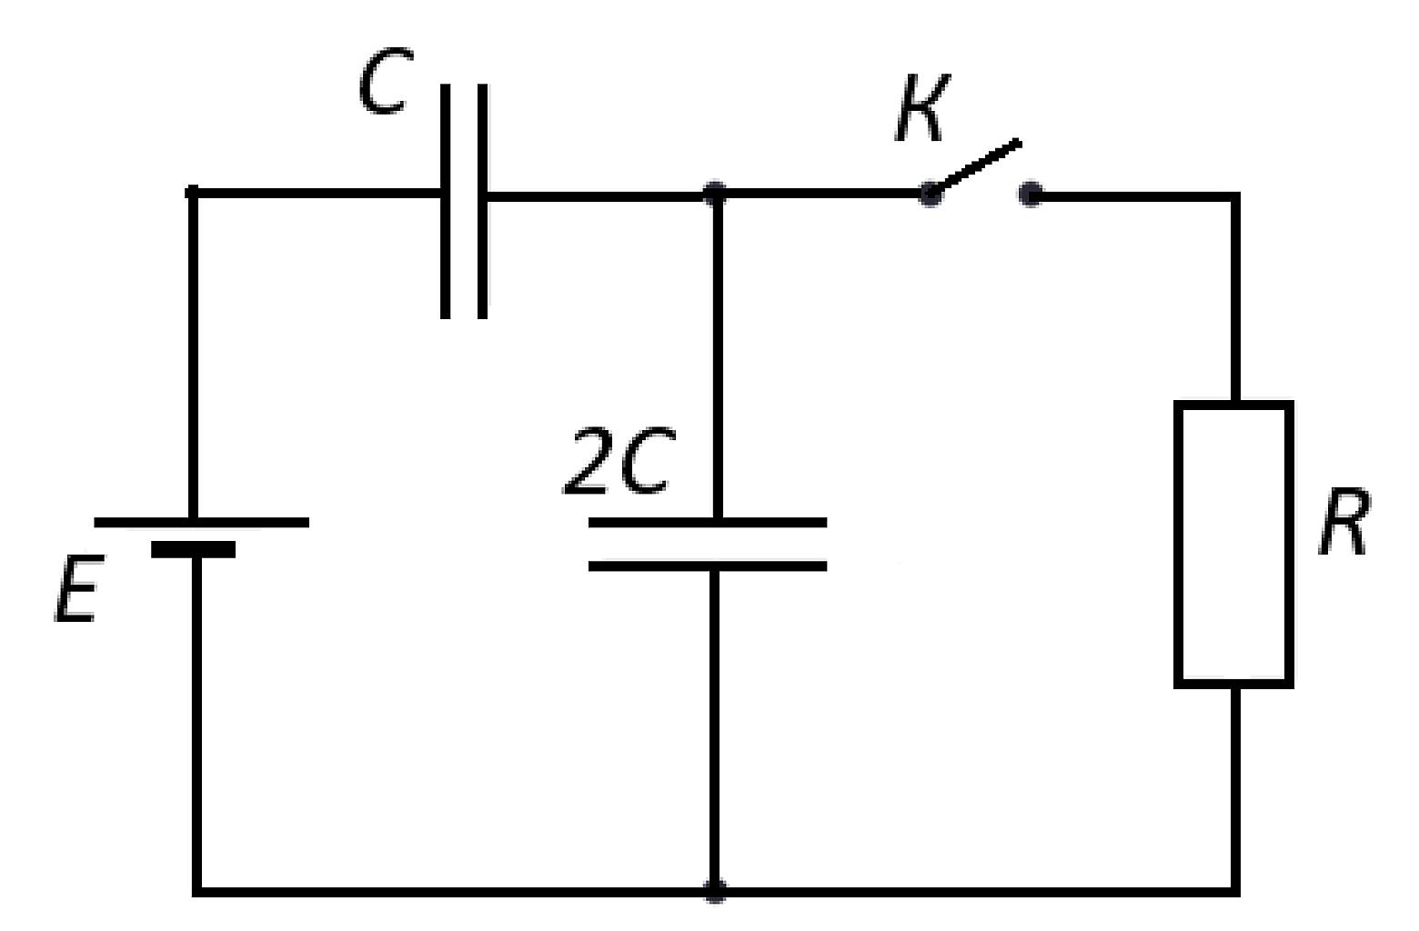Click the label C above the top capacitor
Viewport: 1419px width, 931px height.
(x=385, y=80)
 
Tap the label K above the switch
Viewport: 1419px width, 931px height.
(x=921, y=107)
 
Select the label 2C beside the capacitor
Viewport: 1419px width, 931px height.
(x=619, y=460)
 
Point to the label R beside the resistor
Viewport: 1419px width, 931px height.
(x=1345, y=522)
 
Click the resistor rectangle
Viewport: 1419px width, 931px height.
(x=1233, y=544)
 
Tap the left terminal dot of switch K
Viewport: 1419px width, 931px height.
(x=930, y=193)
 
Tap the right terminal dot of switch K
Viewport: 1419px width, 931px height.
(x=1031, y=194)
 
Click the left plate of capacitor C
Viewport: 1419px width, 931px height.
(x=446, y=201)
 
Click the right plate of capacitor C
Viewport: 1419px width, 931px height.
(x=483, y=201)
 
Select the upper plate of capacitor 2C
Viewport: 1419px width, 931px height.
(x=708, y=523)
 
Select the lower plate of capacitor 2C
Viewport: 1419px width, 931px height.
(x=708, y=566)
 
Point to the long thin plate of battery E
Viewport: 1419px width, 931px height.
(x=201, y=523)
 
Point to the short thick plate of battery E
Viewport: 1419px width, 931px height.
(x=193, y=549)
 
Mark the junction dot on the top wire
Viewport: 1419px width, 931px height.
(x=715, y=193)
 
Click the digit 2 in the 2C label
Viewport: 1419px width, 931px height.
(x=586, y=460)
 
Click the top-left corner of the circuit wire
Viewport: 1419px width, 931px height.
(x=193, y=192)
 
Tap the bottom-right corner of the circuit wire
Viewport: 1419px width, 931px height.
(x=1234, y=892)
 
